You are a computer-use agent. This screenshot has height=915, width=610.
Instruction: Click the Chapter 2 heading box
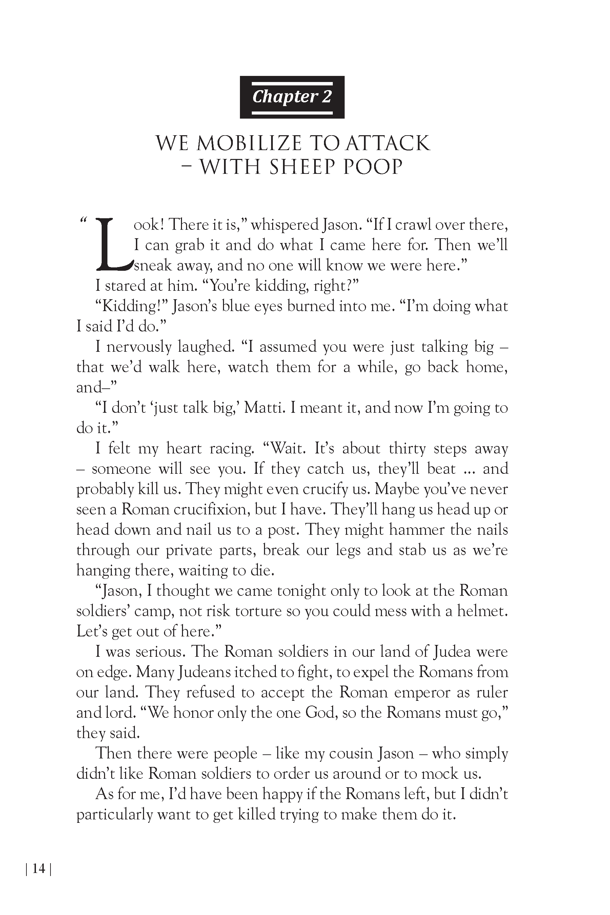[292, 97]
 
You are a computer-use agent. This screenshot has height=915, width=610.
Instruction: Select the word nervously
[139, 347]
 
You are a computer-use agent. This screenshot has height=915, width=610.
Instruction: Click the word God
[321, 712]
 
